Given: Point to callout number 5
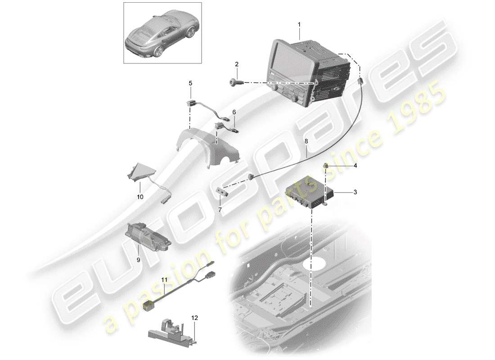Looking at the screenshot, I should [190, 83].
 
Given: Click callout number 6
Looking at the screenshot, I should [234, 112].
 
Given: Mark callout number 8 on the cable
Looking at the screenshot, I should [306, 141].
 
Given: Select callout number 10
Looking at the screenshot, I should [140, 197].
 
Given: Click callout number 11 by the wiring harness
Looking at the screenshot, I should [164, 280].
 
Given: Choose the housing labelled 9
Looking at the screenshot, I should [147, 234].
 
